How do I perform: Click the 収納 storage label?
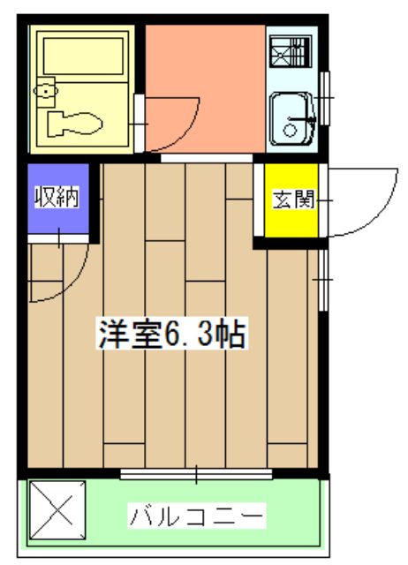pyautogui.click(x=57, y=197)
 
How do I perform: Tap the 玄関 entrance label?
pyautogui.click(x=293, y=200)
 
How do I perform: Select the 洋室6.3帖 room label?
pyautogui.click(x=172, y=333)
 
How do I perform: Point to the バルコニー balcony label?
pyautogui.click(x=196, y=516)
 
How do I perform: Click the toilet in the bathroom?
pyautogui.click(x=74, y=124)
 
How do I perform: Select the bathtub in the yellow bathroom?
pyautogui.click(x=83, y=56)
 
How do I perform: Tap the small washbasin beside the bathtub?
pyautogui.click(x=46, y=91)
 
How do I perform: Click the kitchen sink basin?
pyautogui.click(x=292, y=118)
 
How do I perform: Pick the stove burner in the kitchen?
pyautogui.click(x=291, y=51)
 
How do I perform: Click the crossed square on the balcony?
pyautogui.click(x=57, y=509)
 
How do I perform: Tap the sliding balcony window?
pyautogui.click(x=196, y=474)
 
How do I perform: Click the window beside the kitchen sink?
pyautogui.click(x=325, y=98)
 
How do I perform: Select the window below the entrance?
pyautogui.click(x=323, y=280)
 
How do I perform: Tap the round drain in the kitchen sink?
pyautogui.click(x=290, y=130)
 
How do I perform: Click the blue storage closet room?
pyautogui.click(x=58, y=199)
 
